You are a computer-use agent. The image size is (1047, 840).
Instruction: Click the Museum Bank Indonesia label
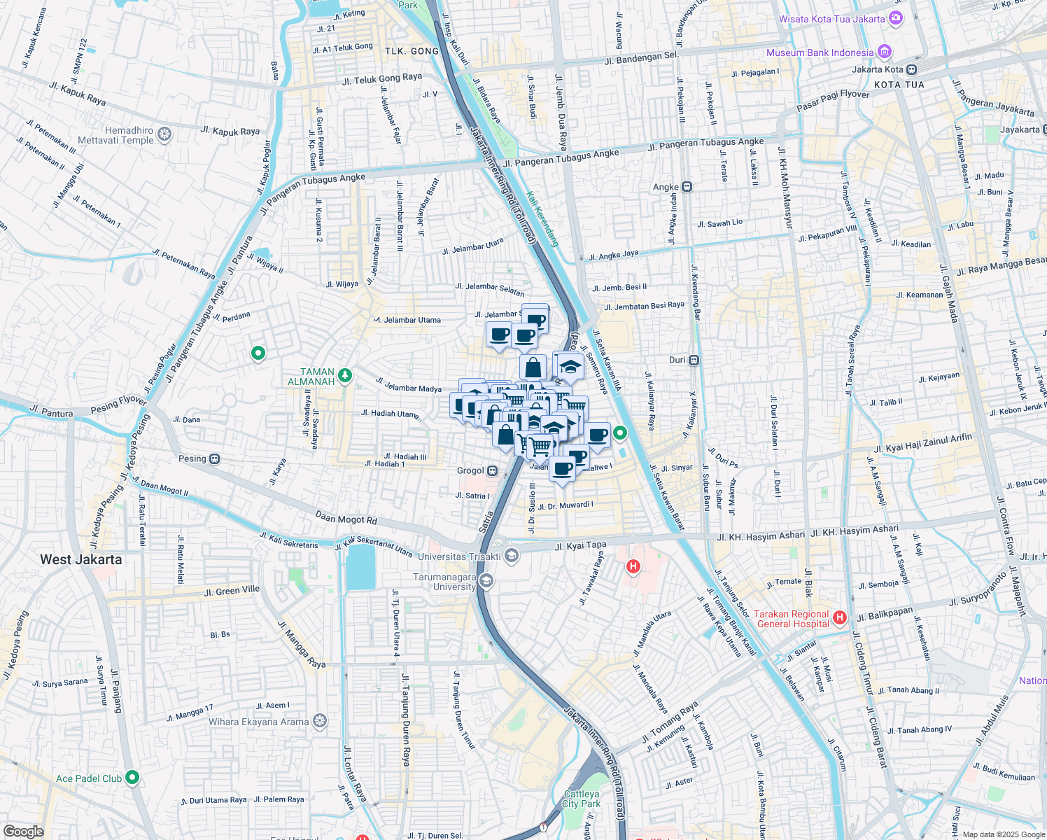click(x=820, y=52)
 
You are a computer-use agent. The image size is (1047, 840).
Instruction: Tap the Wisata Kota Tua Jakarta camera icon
click(x=896, y=19)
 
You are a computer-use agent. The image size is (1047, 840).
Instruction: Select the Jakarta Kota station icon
click(x=911, y=69)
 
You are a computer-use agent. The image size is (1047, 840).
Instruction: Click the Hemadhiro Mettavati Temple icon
click(x=164, y=134)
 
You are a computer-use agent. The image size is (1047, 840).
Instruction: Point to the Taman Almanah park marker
click(x=344, y=377)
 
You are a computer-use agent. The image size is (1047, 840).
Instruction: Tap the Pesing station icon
click(x=215, y=459)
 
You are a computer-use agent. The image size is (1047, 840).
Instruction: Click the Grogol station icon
click(x=493, y=471)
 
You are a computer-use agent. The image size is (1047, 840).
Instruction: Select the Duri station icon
click(x=694, y=360)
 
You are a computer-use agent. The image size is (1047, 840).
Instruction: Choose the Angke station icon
click(x=687, y=187)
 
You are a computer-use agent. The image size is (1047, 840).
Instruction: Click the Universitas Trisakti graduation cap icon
click(x=512, y=556)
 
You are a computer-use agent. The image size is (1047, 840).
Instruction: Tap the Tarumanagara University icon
click(x=486, y=581)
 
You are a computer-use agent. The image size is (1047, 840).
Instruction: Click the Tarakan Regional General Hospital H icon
click(x=840, y=618)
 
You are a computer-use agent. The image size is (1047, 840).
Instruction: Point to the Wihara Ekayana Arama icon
click(x=320, y=722)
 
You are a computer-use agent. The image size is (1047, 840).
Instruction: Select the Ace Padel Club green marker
click(x=132, y=778)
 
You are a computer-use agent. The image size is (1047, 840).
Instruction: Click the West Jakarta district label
click(x=81, y=559)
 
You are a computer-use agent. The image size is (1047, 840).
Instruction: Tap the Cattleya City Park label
click(x=582, y=799)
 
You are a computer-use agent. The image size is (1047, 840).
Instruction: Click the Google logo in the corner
click(x=23, y=832)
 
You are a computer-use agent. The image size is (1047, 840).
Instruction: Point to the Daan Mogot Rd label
click(x=346, y=519)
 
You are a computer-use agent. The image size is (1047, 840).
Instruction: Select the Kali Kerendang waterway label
click(x=543, y=219)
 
